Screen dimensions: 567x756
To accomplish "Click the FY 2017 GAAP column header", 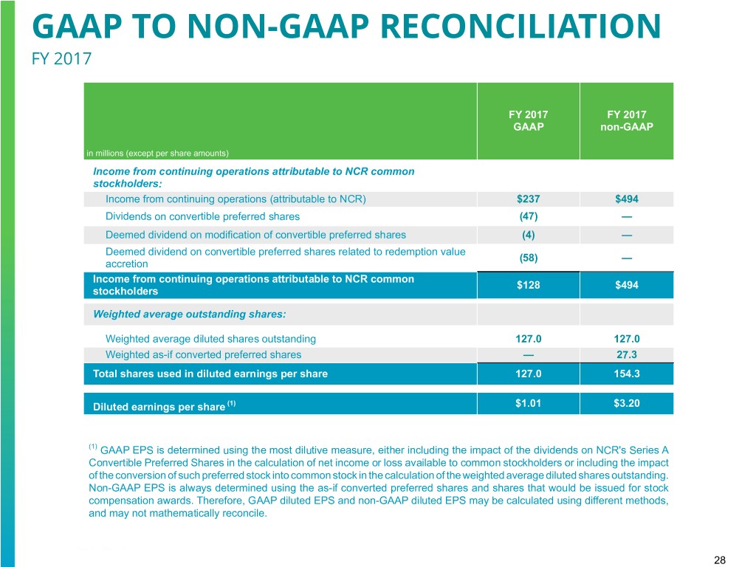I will [528, 120].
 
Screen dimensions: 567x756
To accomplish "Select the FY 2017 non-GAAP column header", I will [626, 120].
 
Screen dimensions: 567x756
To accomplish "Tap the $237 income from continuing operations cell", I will [528, 199].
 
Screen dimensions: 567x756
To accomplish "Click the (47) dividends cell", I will [528, 216].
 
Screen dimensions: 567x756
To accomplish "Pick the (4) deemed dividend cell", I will [528, 235].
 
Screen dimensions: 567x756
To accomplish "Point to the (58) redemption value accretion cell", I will [528, 258].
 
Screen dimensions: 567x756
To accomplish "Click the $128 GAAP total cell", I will [528, 285].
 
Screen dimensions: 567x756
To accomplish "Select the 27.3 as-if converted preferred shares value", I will [627, 354].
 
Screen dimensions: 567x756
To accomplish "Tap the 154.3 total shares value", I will [627, 374].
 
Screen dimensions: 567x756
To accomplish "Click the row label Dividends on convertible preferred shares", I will [202, 216].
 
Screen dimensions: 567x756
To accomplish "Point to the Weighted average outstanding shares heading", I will [189, 315].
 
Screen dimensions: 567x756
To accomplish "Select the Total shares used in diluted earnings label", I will [210, 374].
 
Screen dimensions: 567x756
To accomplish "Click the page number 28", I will [721, 561].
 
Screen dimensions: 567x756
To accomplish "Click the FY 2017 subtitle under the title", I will [62, 57].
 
